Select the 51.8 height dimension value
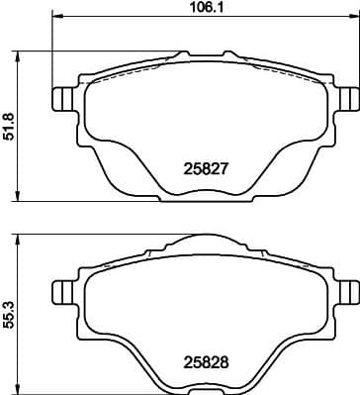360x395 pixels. pyautogui.click(x=9, y=124)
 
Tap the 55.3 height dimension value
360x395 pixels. pyautogui.click(x=9, y=312)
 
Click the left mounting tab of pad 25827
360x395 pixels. pyautogui.click(x=61, y=100)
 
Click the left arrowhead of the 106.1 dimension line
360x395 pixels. pyautogui.click(x=55, y=18)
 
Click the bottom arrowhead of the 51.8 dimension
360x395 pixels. pyautogui.click(x=22, y=198)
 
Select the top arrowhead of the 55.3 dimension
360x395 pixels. pyautogui.click(x=22, y=238)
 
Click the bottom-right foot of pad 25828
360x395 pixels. pyautogui.click(x=267, y=384)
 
